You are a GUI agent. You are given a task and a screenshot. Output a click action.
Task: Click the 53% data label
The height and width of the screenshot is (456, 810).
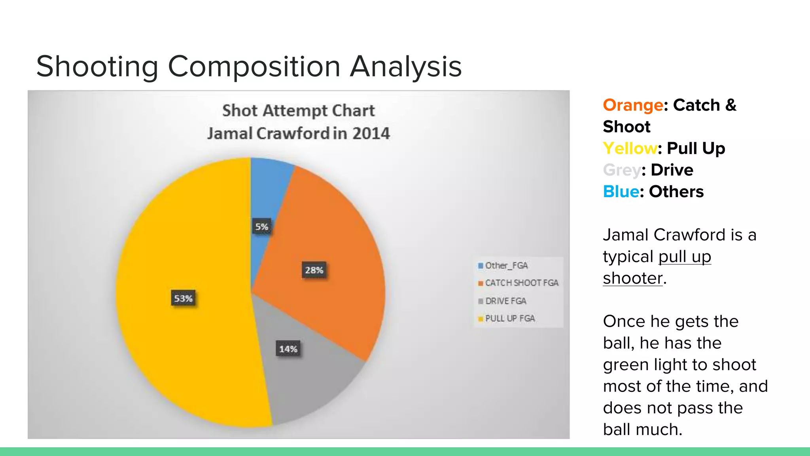183,298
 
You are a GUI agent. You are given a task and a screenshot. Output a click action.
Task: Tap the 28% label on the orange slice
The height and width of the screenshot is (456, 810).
314,270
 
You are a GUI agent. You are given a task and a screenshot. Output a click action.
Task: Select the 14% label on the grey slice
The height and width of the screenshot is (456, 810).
288,349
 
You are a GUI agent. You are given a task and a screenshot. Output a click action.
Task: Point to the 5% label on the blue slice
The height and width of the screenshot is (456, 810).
261,227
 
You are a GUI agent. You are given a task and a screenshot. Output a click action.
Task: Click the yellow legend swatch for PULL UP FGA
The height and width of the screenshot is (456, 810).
481,319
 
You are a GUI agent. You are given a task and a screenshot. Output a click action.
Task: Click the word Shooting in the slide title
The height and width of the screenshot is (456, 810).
97,66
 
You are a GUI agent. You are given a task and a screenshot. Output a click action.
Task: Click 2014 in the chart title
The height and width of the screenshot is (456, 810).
371,133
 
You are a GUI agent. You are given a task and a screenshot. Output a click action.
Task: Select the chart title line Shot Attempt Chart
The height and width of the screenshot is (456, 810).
298,110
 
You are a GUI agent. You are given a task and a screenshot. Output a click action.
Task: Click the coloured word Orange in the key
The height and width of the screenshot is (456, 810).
633,105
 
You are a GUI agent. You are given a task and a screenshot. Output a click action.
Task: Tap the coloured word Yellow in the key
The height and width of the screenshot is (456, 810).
630,148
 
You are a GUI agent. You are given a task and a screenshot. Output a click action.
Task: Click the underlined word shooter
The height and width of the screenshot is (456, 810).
632,278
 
